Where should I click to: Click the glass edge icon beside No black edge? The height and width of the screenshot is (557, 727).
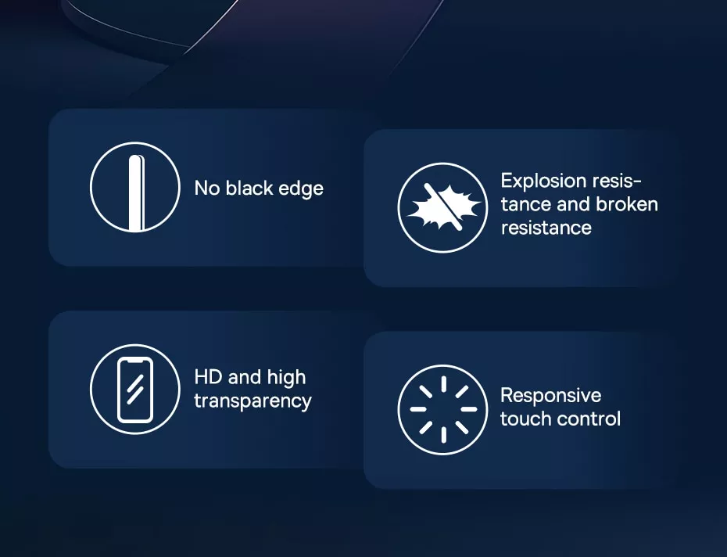[x=135, y=187]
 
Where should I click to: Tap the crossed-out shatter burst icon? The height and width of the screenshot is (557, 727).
[x=442, y=207]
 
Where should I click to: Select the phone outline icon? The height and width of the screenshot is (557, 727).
[x=135, y=390]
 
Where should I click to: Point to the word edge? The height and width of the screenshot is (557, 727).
[x=301, y=189]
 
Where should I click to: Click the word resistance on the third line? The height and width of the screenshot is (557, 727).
[x=546, y=228]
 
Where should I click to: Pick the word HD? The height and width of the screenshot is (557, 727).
[x=208, y=377]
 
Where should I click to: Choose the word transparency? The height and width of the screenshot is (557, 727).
[x=252, y=401]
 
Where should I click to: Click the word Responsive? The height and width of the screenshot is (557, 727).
[x=551, y=396]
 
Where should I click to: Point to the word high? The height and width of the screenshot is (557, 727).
[x=287, y=378]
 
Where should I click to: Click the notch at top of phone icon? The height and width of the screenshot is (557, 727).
[x=135, y=360]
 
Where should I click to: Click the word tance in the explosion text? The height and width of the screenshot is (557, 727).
[x=526, y=204]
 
